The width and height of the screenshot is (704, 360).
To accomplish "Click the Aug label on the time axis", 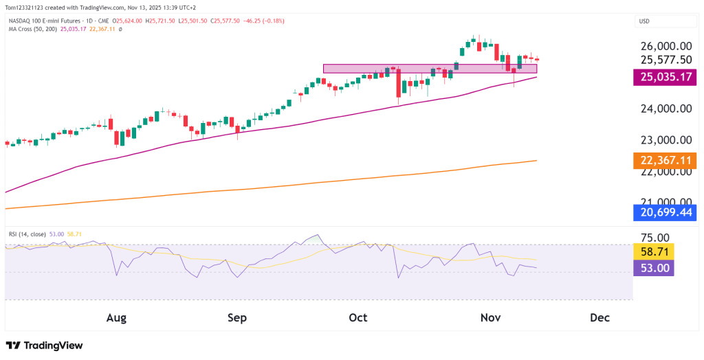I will [x=117, y=318].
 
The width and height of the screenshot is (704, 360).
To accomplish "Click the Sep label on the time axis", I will [x=236, y=318].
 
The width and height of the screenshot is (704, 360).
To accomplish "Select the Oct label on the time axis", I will [x=358, y=318].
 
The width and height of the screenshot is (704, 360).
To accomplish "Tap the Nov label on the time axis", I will [x=489, y=318].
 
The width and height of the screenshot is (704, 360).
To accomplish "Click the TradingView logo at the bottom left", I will [x=44, y=346].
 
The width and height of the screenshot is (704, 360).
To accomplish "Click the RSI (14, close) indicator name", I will [x=27, y=234].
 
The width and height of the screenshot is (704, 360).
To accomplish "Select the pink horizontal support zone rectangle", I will [x=430, y=69].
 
